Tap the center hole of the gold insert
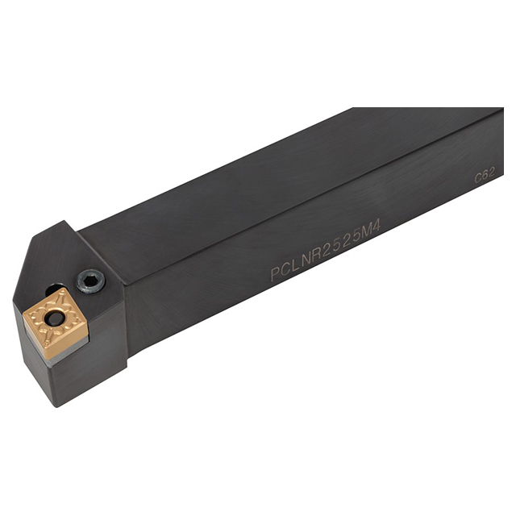[55, 319]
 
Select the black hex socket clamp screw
[90, 281]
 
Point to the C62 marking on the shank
[485, 174]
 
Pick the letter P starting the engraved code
[275, 275]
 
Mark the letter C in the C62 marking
[477, 177]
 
